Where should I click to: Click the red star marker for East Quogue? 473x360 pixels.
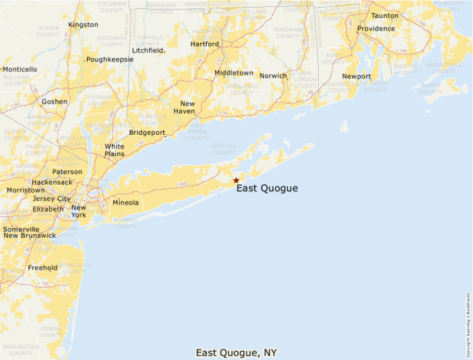[x=236, y=180]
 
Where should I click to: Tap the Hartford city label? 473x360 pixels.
[x=205, y=44]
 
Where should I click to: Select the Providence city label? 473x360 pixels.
[x=376, y=29]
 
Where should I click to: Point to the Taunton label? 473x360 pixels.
[x=384, y=15]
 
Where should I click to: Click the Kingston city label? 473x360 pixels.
[x=83, y=25]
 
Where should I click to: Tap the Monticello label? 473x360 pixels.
[x=20, y=70]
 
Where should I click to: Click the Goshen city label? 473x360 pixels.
[x=55, y=102]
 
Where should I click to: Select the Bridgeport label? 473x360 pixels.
[x=147, y=133]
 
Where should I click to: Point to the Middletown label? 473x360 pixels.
[x=234, y=73]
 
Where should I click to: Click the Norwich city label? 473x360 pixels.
[x=273, y=76]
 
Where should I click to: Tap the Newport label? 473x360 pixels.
[x=357, y=77]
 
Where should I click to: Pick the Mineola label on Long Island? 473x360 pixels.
[x=125, y=203]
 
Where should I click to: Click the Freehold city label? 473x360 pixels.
[x=42, y=267]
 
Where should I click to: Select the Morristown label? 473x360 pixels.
[x=25, y=190]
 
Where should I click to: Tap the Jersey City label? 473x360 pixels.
[x=51, y=199]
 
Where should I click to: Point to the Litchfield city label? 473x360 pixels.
[x=147, y=50]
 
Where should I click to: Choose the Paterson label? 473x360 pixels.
[x=67, y=172]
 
